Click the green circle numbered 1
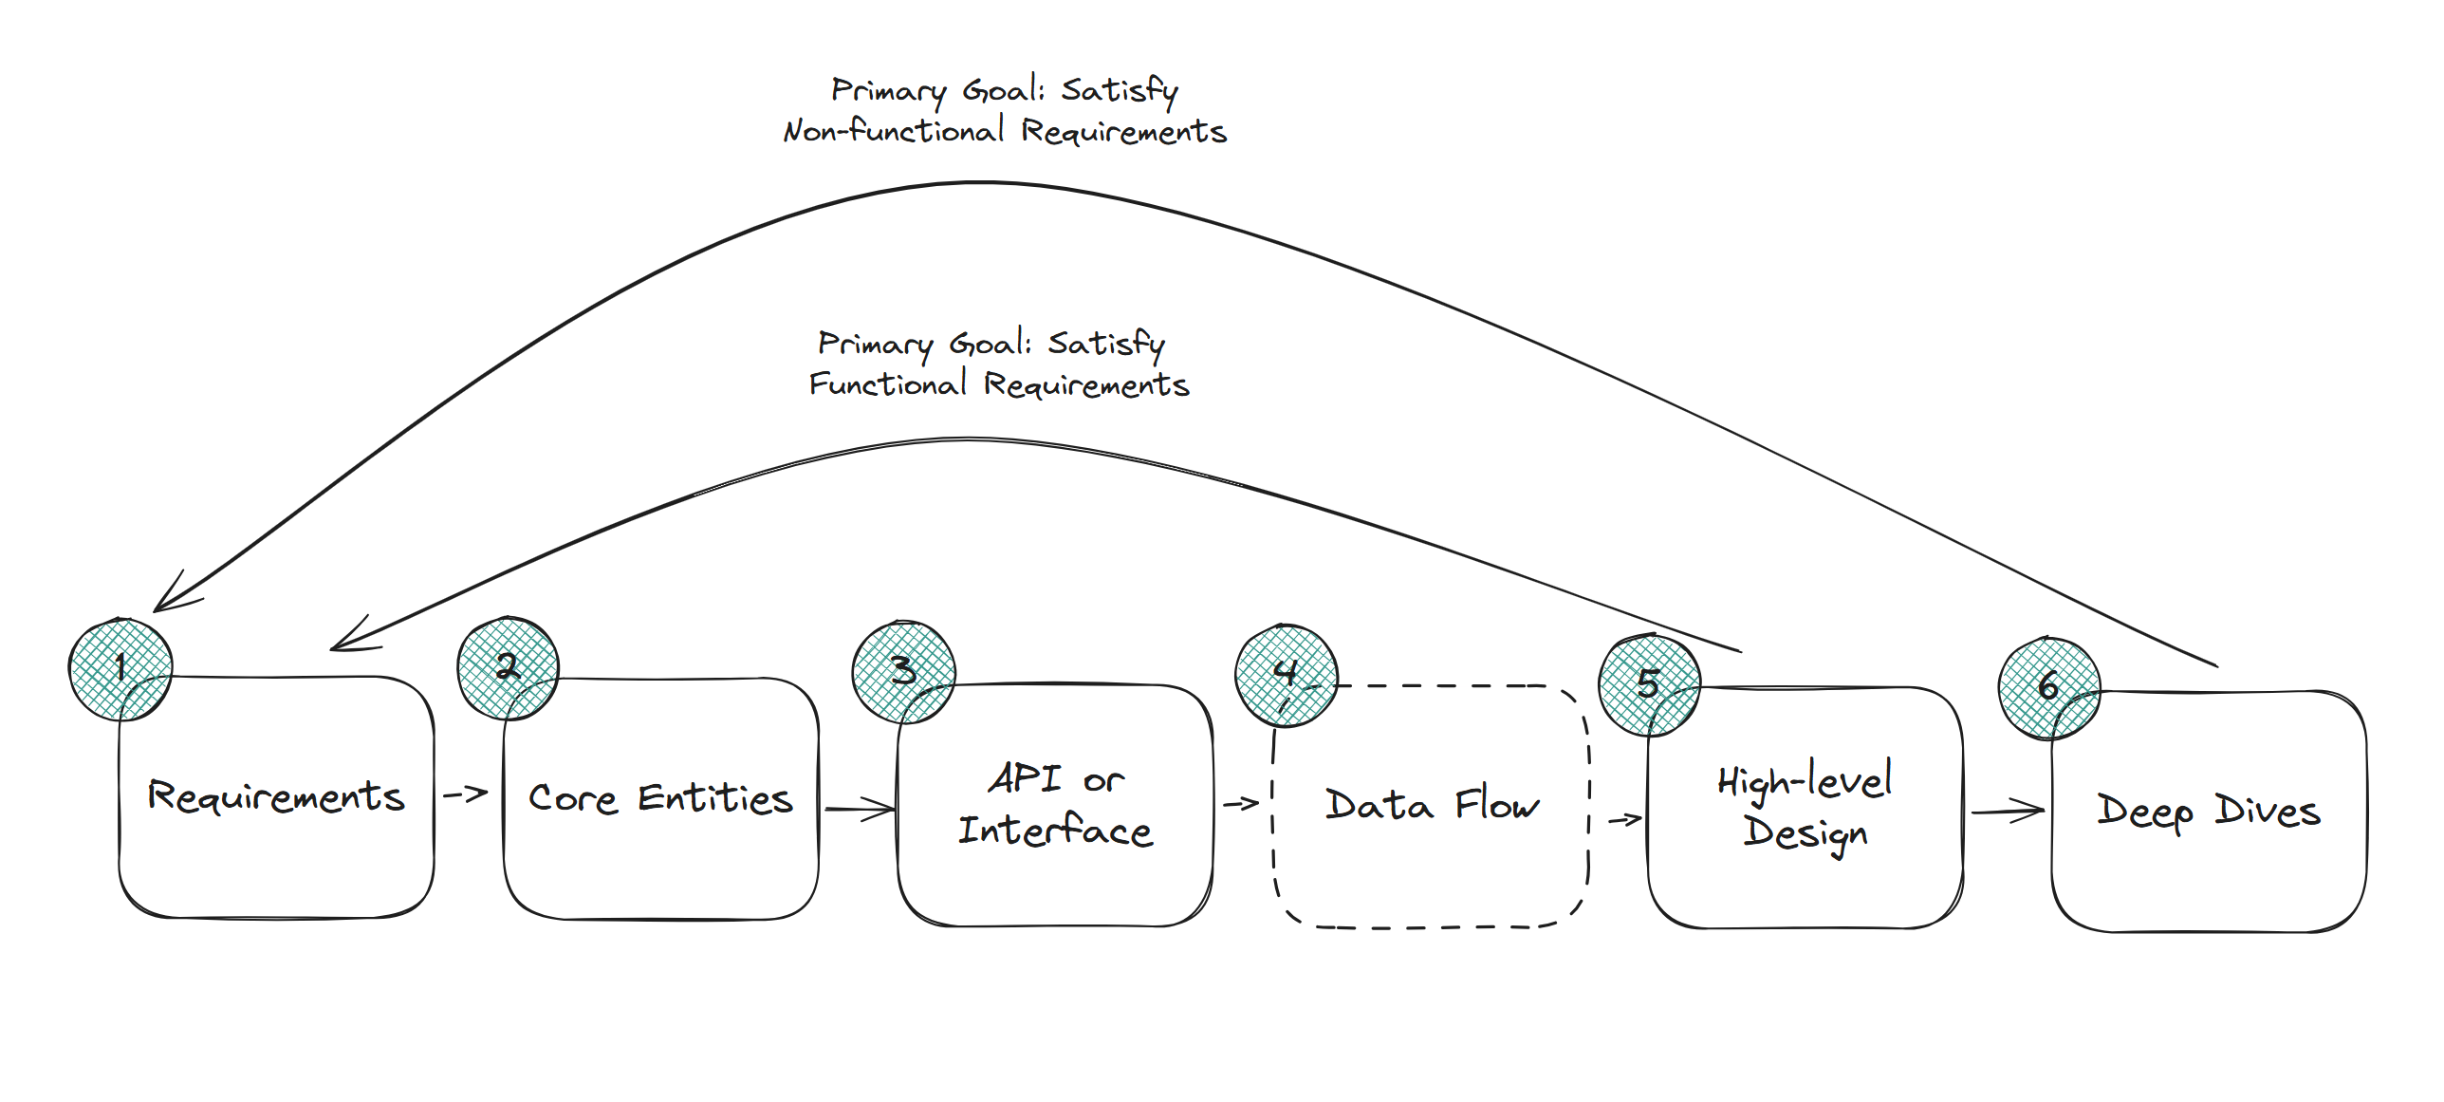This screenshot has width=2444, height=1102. tap(120, 669)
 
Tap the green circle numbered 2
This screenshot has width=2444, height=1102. tap(508, 668)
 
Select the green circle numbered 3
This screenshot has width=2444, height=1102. tap(903, 672)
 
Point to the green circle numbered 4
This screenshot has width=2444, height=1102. tap(1286, 676)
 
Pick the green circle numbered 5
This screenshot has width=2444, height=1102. tap(1649, 685)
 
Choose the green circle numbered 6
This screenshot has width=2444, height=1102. tap(2048, 688)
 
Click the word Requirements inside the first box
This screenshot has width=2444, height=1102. tap(276, 796)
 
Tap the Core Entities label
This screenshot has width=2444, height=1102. tap(660, 799)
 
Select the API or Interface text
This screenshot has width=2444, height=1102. tap(1055, 805)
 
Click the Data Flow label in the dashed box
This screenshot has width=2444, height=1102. tap(1432, 806)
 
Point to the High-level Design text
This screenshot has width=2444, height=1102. tap(1805, 808)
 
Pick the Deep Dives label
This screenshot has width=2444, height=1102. tap(2209, 812)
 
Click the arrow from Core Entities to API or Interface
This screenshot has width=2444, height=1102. tap(860, 810)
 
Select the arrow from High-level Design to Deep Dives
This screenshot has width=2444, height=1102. tap(2007, 812)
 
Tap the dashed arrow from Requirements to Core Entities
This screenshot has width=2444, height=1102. tap(465, 794)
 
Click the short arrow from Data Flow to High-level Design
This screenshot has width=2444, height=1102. tap(1624, 819)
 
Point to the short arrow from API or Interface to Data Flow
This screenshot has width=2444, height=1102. tap(1240, 804)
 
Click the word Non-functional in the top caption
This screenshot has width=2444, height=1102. tap(893, 131)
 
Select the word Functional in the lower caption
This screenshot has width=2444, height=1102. tap(888, 384)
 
